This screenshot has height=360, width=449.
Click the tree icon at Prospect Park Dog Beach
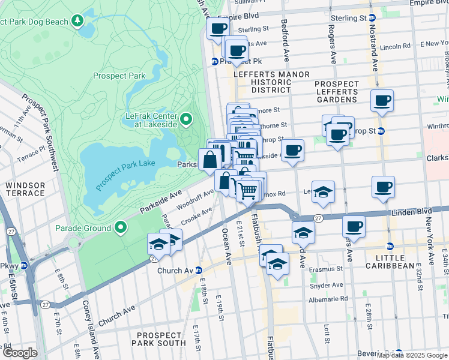pos(77,22)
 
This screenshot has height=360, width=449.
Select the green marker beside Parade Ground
pos(121,228)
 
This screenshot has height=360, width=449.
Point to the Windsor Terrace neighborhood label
pos(25,189)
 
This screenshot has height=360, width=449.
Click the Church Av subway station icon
pos(197,271)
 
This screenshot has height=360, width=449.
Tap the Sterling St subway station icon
pos(372,18)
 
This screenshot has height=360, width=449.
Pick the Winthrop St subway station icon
pos(381,131)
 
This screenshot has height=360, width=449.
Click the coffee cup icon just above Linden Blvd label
pos(383,187)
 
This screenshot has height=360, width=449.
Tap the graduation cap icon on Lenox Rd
pos(323,191)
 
